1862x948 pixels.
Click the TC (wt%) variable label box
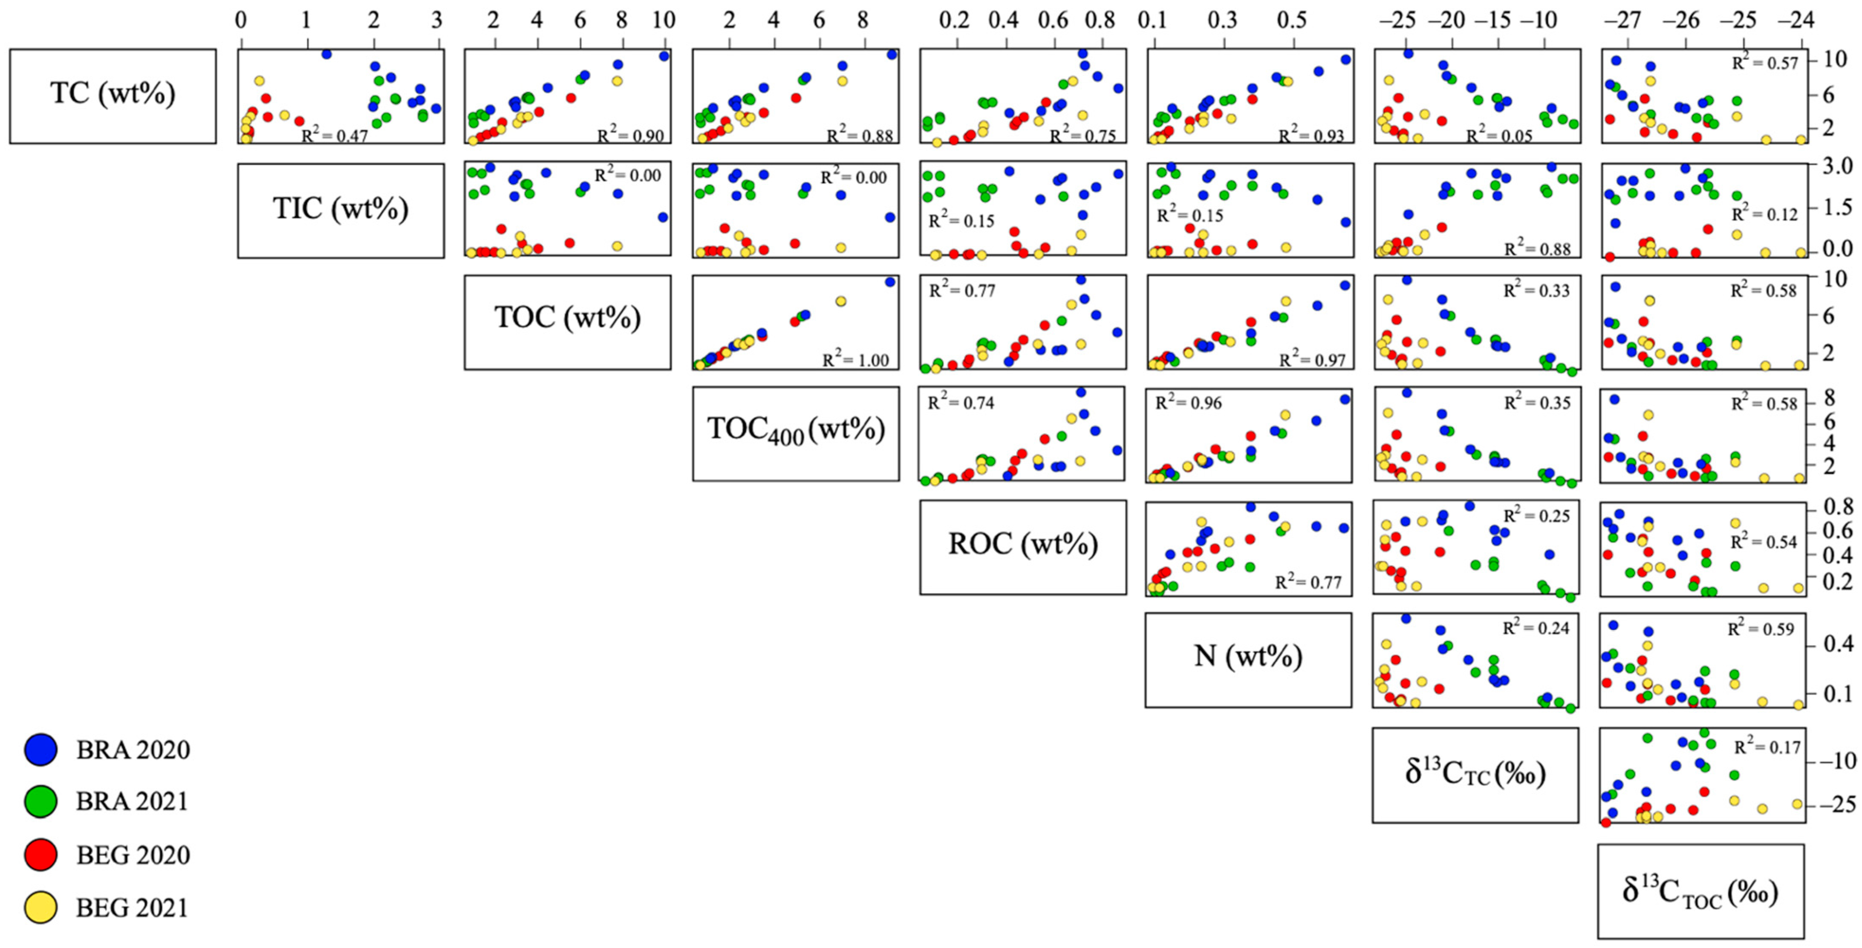click(x=113, y=95)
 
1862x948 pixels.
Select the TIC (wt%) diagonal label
click(x=341, y=210)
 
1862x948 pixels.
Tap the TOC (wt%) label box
click(x=567, y=322)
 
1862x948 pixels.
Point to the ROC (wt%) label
click(x=1023, y=547)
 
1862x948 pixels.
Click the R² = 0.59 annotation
click(x=1761, y=629)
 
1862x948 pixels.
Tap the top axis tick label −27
click(x=1622, y=20)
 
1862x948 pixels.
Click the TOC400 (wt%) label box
click(x=795, y=433)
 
